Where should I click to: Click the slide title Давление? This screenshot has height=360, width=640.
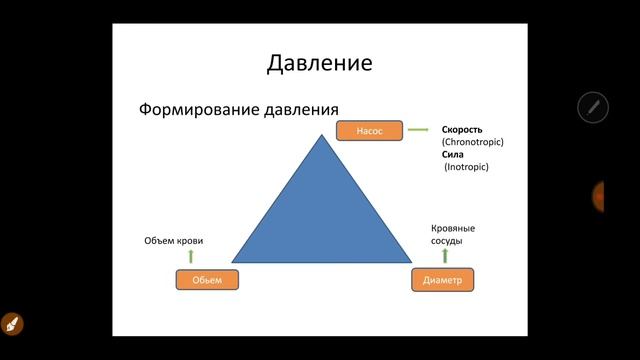point(320,63)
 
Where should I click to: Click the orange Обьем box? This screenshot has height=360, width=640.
point(207,279)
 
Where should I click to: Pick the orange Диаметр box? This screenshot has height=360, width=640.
point(442,280)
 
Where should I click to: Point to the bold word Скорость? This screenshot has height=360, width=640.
point(462,130)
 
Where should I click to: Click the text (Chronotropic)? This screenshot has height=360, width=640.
point(472,142)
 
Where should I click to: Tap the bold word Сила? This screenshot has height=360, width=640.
point(452,155)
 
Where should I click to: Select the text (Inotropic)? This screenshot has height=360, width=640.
point(466,167)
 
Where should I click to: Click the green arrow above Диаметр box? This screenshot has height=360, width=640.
point(443,256)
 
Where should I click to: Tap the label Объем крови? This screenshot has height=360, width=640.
point(175,241)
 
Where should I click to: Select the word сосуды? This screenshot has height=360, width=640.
point(446,241)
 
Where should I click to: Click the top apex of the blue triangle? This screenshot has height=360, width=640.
point(320,136)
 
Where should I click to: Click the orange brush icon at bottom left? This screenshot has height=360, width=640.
point(12,324)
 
